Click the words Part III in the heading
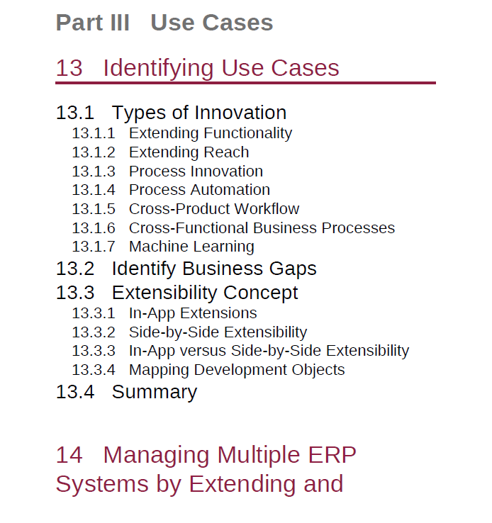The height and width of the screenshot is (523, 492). (x=93, y=23)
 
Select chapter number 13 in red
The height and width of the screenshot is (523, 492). (x=69, y=68)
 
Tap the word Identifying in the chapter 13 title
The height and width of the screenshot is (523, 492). (x=158, y=69)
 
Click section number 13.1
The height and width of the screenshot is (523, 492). (x=75, y=113)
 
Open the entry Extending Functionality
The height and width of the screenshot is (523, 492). (x=211, y=133)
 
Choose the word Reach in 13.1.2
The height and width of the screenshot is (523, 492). (x=226, y=152)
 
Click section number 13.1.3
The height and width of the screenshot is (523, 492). (x=94, y=171)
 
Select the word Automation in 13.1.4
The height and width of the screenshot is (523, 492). (x=235, y=190)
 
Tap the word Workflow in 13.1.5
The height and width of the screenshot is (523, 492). (x=267, y=209)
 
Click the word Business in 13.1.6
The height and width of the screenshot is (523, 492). (x=285, y=228)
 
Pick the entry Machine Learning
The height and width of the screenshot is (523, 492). (x=191, y=247)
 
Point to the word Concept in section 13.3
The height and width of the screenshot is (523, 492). (x=260, y=293)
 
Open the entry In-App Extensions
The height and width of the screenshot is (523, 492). (x=193, y=313)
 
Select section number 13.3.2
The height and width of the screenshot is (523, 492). (x=94, y=332)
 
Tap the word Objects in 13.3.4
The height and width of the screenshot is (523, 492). (x=318, y=370)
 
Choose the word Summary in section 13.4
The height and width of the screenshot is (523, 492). (x=155, y=393)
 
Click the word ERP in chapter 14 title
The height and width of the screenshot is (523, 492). (x=332, y=455)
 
